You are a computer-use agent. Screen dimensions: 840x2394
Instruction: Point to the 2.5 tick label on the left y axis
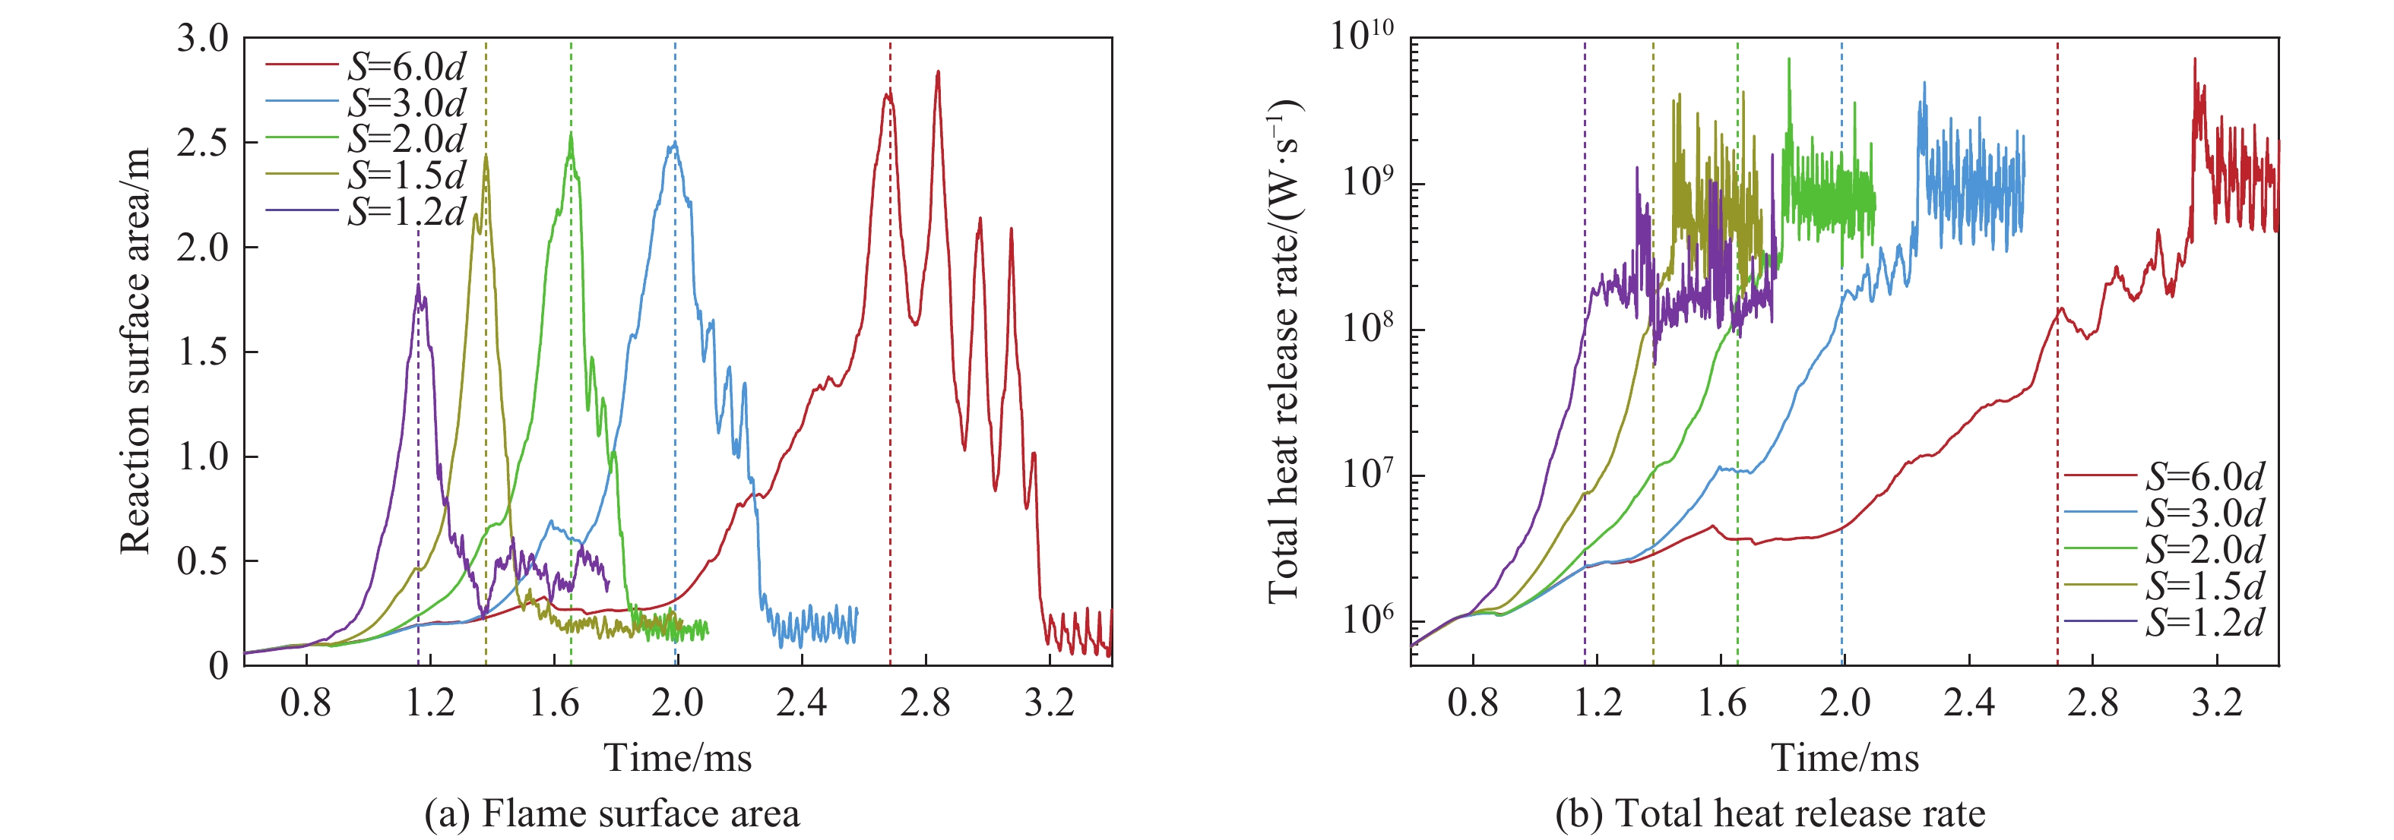click(203, 143)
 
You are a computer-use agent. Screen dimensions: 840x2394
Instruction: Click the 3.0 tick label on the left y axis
click(203, 39)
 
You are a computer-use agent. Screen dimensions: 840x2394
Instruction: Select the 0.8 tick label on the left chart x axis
click(306, 703)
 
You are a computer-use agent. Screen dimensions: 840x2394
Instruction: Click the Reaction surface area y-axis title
click(136, 351)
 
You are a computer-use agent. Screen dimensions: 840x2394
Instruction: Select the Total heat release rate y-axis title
click(1284, 351)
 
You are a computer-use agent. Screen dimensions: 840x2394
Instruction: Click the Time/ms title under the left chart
click(677, 758)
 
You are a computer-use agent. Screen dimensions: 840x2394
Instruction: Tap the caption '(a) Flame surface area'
click(612, 814)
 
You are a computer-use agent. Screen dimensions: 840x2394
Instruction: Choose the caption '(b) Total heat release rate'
click(1769, 814)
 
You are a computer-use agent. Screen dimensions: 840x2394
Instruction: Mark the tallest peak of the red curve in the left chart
click(938, 71)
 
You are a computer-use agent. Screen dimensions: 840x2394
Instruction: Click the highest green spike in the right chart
click(1789, 59)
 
